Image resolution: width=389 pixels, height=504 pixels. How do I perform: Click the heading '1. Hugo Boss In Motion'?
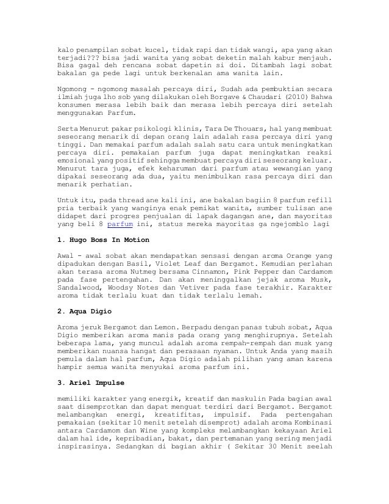(103, 240)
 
